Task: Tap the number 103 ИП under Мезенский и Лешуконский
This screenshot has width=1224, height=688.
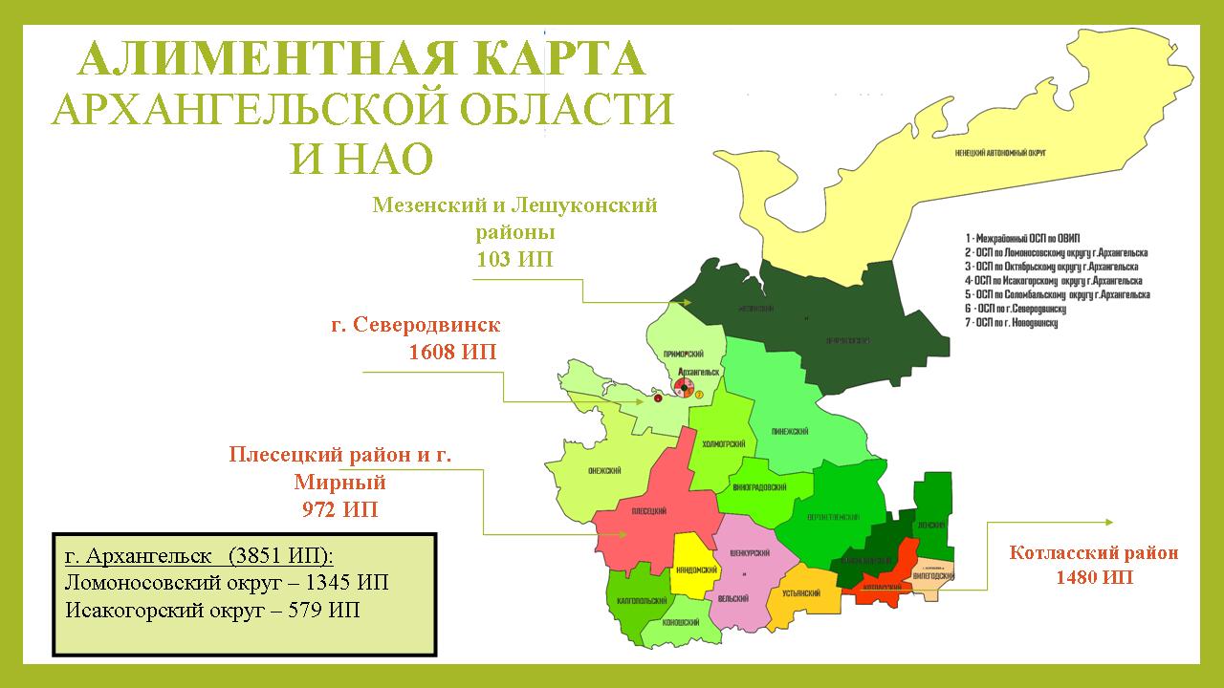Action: pyautogui.click(x=514, y=259)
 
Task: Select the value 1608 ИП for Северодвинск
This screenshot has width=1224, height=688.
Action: pyautogui.click(x=452, y=352)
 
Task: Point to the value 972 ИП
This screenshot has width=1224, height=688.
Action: pyautogui.click(x=339, y=509)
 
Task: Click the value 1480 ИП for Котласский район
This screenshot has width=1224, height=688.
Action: pyautogui.click(x=1094, y=576)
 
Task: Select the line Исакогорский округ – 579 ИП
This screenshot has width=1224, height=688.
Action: pyautogui.click(x=212, y=610)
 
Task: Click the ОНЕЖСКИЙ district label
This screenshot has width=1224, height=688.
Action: pyautogui.click(x=605, y=470)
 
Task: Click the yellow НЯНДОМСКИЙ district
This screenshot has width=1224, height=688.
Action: pyautogui.click(x=696, y=568)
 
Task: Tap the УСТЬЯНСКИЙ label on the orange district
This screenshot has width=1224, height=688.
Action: pyautogui.click(x=802, y=593)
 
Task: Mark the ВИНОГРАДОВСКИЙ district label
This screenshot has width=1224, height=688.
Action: pyautogui.click(x=761, y=485)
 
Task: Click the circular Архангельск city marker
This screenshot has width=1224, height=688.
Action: pyautogui.click(x=684, y=386)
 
